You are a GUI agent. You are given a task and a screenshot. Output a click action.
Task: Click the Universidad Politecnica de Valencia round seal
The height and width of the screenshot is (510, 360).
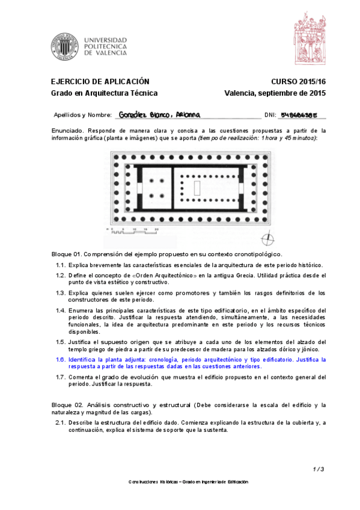tap(64, 45)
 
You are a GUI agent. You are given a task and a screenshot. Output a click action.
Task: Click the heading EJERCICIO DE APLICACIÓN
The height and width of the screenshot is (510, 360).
tap(99, 81)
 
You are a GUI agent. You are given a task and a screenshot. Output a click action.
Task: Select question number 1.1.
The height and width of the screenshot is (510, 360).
tap(61, 265)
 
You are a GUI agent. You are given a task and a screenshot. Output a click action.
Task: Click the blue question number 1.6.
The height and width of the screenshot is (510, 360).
tap(61, 359)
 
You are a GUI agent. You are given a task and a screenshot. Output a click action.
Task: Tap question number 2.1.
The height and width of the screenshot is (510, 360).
tap(61, 423)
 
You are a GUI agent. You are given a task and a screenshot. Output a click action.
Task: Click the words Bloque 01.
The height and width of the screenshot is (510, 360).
tap(66, 254)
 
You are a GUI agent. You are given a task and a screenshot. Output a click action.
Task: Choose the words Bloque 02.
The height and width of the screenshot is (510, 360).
tap(66, 405)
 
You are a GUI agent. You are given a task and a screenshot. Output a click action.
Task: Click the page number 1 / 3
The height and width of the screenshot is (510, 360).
tap(319, 469)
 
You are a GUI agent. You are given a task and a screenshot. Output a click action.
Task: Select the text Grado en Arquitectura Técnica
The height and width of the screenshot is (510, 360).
tap(104, 93)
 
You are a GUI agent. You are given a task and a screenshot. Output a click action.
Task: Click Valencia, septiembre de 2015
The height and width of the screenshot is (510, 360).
tap(275, 93)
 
